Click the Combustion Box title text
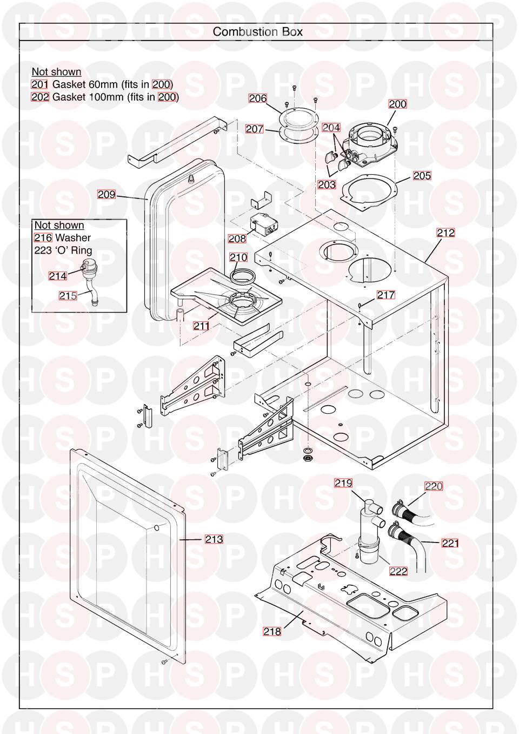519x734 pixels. [x=257, y=31]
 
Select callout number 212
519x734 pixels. [x=446, y=233]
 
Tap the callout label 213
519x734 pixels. [x=214, y=539]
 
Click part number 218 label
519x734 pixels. [x=272, y=631]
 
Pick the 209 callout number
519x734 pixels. [x=107, y=194]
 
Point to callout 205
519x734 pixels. [x=422, y=176]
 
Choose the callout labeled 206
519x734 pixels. [x=258, y=98]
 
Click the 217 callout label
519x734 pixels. [x=386, y=295]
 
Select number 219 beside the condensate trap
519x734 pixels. [x=343, y=483]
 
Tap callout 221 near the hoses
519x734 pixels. [x=450, y=544]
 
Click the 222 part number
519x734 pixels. [x=398, y=571]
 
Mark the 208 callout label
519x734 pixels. [x=237, y=239]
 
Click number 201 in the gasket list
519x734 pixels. [x=40, y=84]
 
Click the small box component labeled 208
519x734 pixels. [x=260, y=224]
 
